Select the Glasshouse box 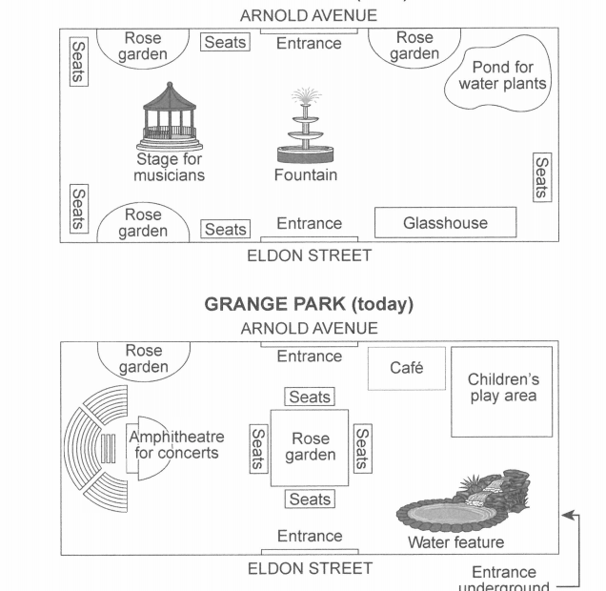pos(445,223)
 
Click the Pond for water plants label pos(502,75)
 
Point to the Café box pos(406,368)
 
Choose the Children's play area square pos(502,391)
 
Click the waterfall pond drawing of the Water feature pos(462,505)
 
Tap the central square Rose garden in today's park pos(310,447)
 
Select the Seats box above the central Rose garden pos(310,397)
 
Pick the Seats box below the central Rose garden pos(310,499)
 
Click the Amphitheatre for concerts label pos(176,445)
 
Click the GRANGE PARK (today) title pos(309,305)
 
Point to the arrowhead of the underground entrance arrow pos(567,516)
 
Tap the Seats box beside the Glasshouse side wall pos(540,177)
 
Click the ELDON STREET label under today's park pos(310,569)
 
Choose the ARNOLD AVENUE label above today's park pos(309,328)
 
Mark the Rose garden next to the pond pos(414,46)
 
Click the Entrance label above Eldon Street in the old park pos(309,224)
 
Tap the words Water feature pos(455,543)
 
